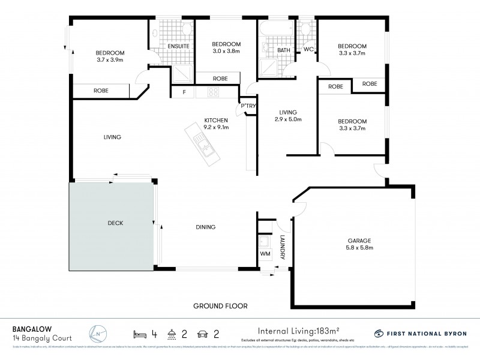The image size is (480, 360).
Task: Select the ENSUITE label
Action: click(x=179, y=46)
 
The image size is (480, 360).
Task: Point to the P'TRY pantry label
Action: click(x=248, y=106)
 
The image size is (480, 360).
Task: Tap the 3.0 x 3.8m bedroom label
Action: click(x=226, y=48)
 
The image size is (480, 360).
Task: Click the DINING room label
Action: click(x=205, y=227)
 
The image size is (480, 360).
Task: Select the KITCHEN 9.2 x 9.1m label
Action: click(x=216, y=122)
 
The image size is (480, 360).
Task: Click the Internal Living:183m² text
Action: click(x=297, y=331)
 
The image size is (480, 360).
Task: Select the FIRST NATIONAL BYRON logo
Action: click(x=419, y=332)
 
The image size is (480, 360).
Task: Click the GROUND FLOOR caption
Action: click(x=220, y=305)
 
